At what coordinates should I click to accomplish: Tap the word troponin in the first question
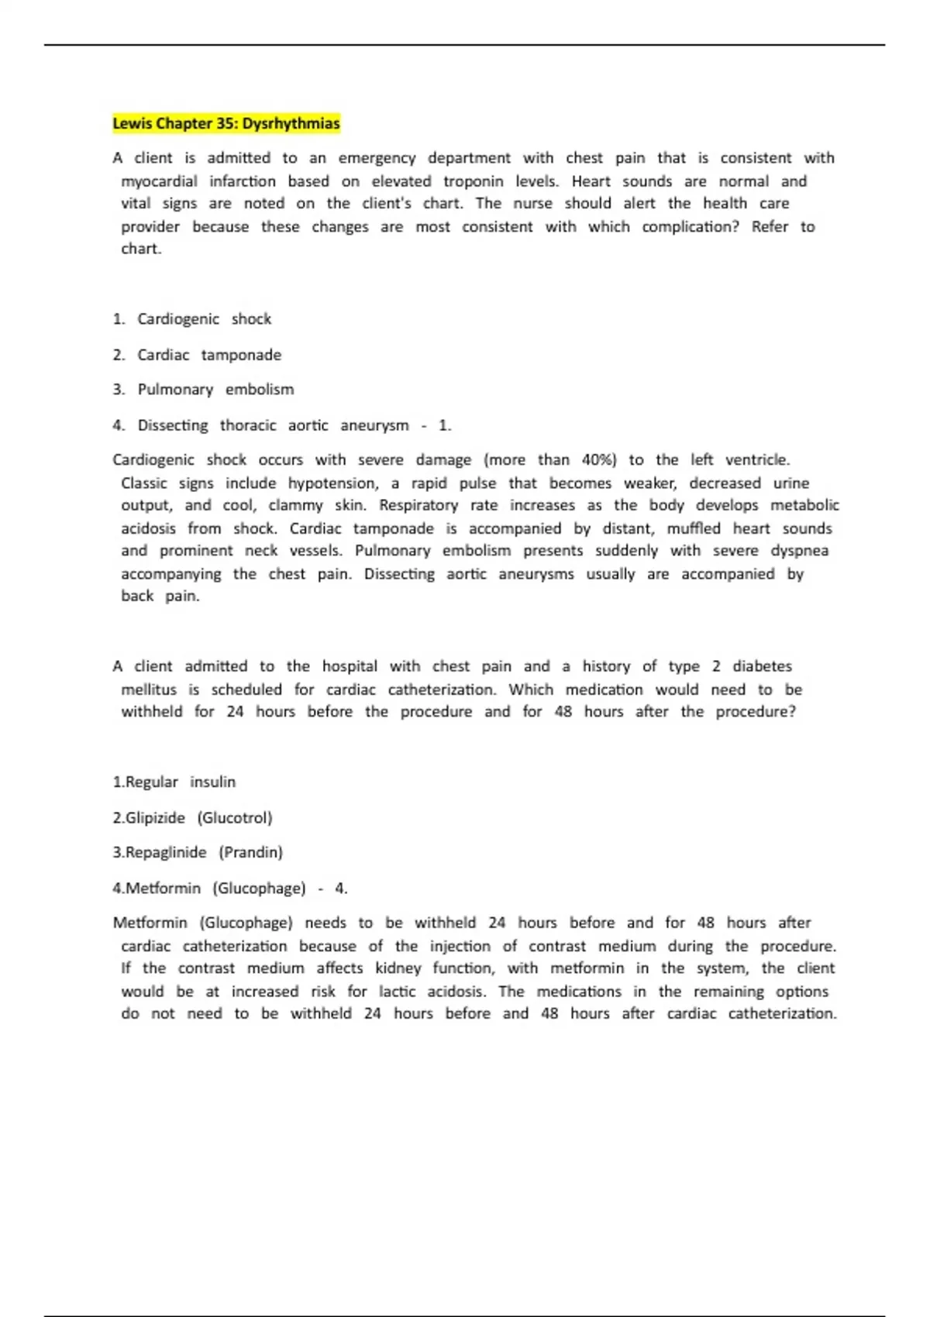(x=473, y=181)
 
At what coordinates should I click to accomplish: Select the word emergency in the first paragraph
(x=377, y=158)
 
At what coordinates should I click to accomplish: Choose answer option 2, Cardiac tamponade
(x=208, y=355)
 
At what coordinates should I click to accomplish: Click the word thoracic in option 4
(x=248, y=425)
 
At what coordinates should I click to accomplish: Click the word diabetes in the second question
(x=762, y=666)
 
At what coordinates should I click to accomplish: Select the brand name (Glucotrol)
(x=235, y=818)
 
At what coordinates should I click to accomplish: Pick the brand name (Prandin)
(x=250, y=853)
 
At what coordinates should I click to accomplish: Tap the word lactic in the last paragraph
(x=397, y=992)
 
